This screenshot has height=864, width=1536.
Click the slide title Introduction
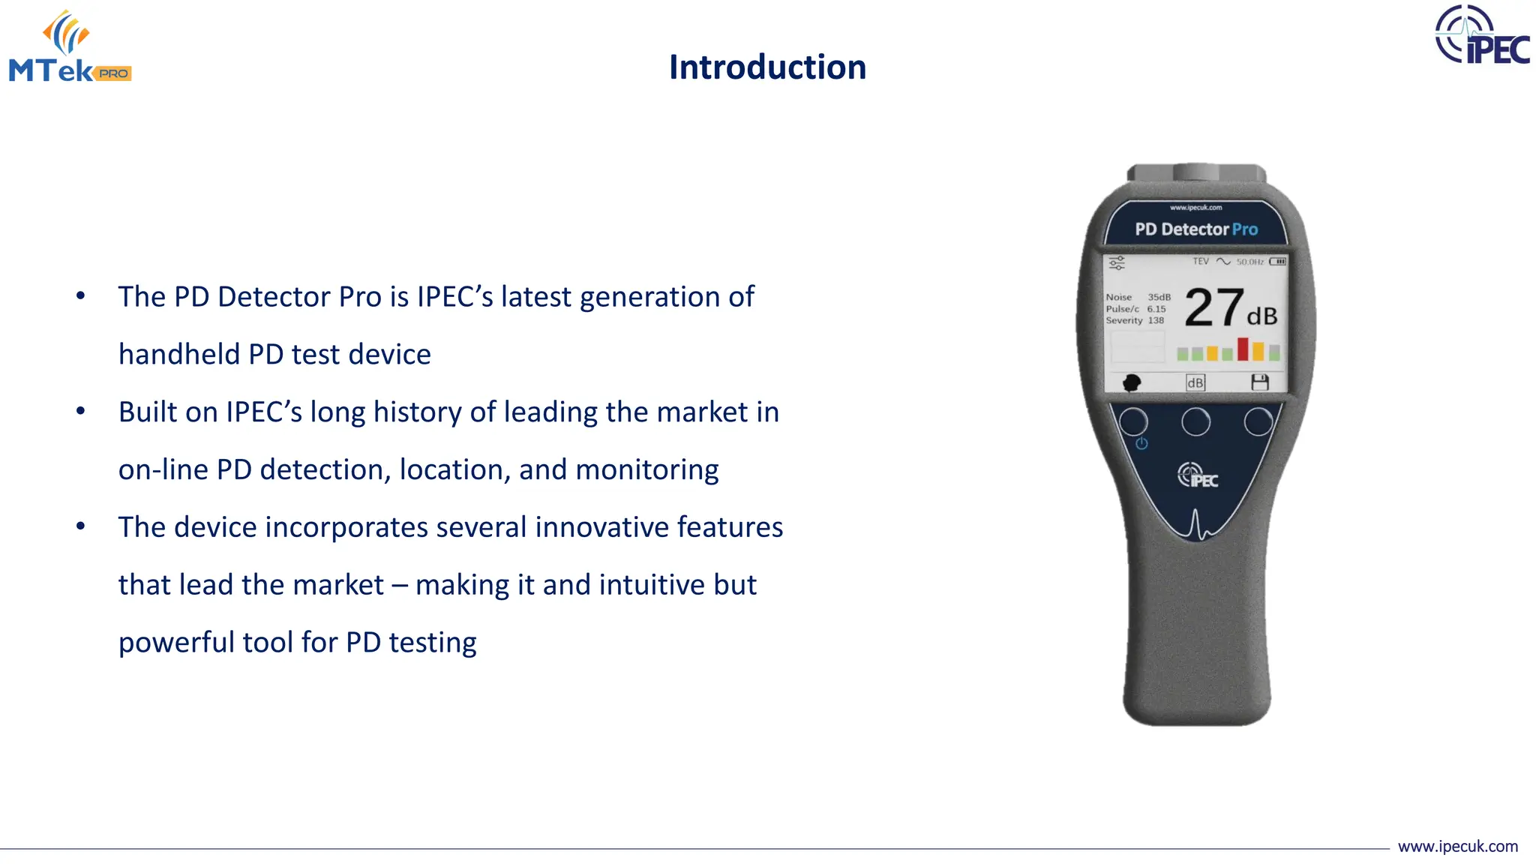(x=767, y=67)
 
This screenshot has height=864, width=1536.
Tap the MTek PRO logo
(x=70, y=46)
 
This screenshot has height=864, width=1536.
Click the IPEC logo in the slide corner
(x=1482, y=35)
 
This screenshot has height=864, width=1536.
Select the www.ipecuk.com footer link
(x=1457, y=847)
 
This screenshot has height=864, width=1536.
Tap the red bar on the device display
(x=1243, y=349)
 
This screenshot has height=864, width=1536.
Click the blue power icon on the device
(x=1141, y=443)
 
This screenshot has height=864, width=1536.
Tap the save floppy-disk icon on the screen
(x=1260, y=382)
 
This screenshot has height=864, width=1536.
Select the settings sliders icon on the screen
(x=1117, y=263)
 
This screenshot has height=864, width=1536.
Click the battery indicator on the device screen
(x=1278, y=262)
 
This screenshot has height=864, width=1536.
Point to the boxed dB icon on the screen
(x=1195, y=382)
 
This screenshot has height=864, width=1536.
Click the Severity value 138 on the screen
(x=1156, y=320)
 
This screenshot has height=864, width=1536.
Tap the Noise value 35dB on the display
(x=1159, y=297)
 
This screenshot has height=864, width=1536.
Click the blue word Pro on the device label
(x=1245, y=229)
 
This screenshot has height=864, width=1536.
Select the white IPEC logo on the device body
(x=1198, y=475)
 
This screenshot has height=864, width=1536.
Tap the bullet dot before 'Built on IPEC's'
(x=81, y=411)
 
